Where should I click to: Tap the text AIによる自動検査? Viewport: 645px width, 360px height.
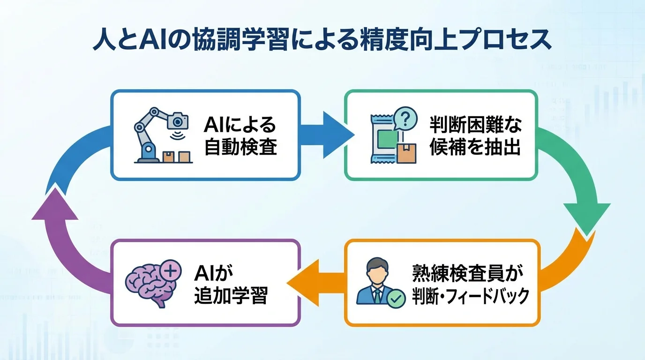(240, 136)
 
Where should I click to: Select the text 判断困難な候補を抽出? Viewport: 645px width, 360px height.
(475, 136)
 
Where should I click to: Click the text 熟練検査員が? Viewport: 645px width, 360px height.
(467, 273)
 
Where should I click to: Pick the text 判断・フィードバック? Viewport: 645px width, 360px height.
(470, 296)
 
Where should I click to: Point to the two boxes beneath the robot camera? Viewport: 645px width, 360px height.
(177, 156)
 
